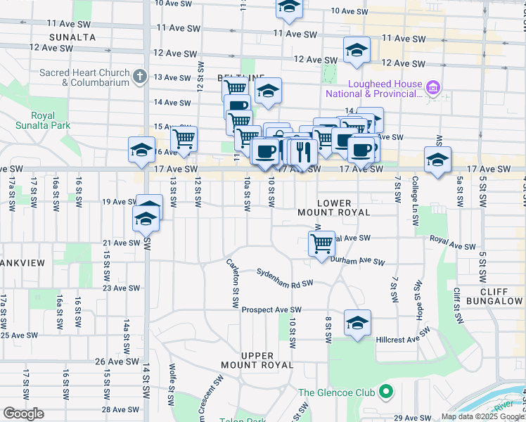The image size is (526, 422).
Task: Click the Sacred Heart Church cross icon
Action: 140,76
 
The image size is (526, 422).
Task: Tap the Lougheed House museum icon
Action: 434,88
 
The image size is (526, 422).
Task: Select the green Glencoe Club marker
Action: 385,392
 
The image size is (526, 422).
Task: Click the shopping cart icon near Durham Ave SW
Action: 321,243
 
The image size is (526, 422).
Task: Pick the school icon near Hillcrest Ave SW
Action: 357,322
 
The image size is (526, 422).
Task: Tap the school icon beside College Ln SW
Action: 437,159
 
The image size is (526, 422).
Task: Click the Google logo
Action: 23,414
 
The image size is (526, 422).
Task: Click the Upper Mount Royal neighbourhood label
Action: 257,360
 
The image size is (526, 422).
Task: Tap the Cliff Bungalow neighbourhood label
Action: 501,296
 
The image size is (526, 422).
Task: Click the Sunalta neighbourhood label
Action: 72,37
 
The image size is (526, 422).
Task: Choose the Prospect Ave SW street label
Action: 271,309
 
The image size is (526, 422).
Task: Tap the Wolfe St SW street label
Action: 172,385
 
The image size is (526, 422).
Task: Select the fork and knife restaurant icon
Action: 303,151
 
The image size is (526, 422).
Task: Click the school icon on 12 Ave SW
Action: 357,50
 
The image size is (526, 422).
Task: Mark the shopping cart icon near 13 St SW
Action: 184,138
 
